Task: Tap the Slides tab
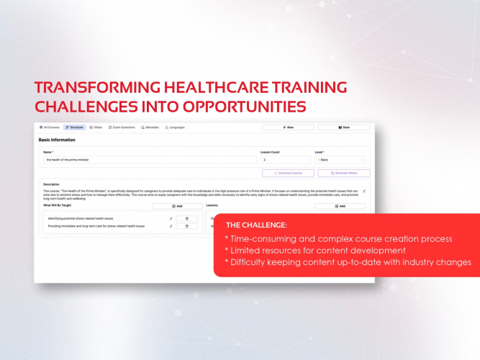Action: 96,127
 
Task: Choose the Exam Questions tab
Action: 122,127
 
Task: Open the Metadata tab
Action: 150,127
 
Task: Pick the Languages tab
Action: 175,127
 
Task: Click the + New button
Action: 288,127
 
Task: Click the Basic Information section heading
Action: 58,140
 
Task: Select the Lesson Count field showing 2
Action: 284,160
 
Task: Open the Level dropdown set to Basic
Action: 340,160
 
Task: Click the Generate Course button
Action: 288,174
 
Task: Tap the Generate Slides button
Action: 343,174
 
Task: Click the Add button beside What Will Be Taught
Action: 177,206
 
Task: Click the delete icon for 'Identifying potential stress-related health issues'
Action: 187,218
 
